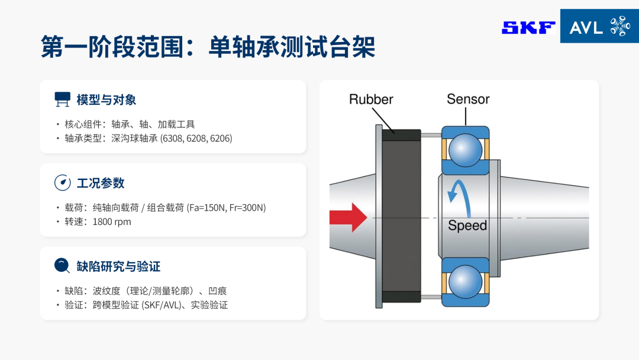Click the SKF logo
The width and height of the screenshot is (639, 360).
[528, 28]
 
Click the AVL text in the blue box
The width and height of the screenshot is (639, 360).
[586, 28]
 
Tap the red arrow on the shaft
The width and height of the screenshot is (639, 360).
[348, 218]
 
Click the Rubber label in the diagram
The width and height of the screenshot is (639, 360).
[371, 99]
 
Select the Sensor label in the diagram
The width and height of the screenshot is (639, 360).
[468, 99]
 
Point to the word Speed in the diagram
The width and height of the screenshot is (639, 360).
[467, 226]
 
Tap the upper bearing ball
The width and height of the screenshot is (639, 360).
[465, 150]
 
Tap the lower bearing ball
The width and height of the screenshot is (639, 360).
[465, 282]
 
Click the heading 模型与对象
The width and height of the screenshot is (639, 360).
[106, 100]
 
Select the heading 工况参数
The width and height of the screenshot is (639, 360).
[101, 183]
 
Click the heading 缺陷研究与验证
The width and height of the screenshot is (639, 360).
[118, 266]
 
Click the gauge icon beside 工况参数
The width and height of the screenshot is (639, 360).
[62, 182]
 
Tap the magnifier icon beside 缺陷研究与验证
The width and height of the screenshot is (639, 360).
[62, 266]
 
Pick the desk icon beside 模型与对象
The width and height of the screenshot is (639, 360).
[62, 99]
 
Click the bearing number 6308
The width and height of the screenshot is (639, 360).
[172, 138]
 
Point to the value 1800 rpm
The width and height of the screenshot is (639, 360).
[112, 222]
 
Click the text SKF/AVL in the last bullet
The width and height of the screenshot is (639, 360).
[162, 305]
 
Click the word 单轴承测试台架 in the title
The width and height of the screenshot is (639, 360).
[292, 47]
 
